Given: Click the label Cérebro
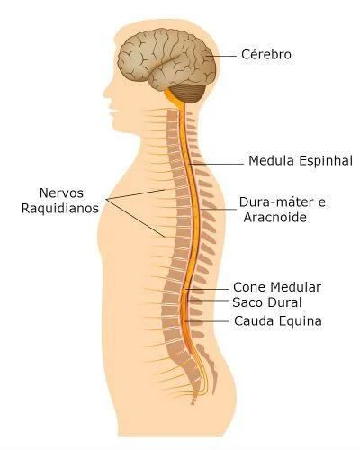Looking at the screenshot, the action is point(266,55).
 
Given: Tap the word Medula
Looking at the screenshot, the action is point(271,160).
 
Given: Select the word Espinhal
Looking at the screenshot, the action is point(326,161).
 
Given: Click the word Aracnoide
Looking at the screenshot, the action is point(275,217).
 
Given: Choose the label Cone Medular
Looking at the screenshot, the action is point(277,287).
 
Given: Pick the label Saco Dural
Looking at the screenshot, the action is point(267,302).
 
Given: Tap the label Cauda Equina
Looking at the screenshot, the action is point(278,321).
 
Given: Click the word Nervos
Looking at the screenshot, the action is point(61,193).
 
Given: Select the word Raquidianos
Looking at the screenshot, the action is point(60,208).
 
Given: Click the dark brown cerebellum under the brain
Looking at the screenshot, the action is point(188,94).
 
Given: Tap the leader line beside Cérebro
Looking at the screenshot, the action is point(222,56).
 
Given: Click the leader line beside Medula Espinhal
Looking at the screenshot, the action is point(216,164).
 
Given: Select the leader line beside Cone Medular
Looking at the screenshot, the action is point(207,289).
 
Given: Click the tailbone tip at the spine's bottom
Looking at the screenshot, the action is point(193,402).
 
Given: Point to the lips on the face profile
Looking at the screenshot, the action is point(112,111).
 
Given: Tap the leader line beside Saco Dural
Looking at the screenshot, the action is point(208,301).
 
